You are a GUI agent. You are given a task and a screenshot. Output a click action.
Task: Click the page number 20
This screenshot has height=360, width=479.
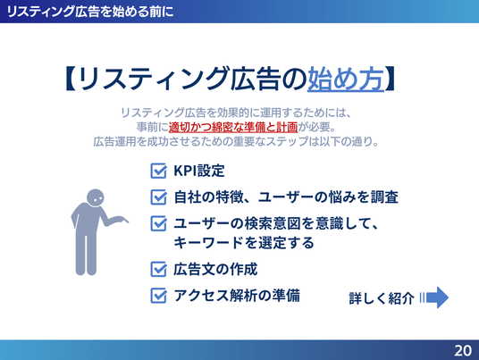coord(463,350)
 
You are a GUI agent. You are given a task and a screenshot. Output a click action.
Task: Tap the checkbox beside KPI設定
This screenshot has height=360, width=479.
coord(158,171)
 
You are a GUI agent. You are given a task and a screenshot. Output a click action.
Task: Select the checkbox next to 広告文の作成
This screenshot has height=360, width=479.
coord(158,269)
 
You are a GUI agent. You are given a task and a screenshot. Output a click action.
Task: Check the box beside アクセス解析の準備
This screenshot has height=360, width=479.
coord(158,296)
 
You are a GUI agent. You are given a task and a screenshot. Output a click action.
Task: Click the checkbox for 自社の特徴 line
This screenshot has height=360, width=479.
coord(158,197)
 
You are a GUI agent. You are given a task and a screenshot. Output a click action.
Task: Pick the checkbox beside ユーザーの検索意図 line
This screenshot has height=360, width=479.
coord(158,223)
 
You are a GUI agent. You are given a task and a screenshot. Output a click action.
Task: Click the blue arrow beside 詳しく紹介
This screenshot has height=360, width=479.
coord(434,297)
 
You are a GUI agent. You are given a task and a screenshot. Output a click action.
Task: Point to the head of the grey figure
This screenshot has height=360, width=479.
coord(96,197)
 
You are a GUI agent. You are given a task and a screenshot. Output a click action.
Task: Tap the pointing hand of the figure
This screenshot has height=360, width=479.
coord(122,219)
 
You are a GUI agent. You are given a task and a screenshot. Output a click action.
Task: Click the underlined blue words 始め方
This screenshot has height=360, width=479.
coord(346,79)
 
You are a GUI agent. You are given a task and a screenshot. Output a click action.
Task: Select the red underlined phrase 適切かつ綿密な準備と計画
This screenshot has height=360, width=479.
coord(233,127)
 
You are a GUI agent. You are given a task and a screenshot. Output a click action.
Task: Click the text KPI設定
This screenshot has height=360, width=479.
coord(199,171)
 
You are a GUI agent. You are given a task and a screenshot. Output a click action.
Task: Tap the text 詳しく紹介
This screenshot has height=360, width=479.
coord(382,298)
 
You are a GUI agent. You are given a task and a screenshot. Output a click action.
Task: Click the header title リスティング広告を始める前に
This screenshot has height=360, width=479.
coord(89,12)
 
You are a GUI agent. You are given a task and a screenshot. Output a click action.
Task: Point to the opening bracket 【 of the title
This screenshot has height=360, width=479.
coord(70,79)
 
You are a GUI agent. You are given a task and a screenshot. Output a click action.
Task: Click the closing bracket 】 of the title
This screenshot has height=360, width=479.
coord(390,79)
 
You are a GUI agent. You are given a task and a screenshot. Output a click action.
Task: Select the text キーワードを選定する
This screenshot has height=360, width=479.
coord(244,243)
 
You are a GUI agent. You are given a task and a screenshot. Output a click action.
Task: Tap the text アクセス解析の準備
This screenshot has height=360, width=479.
coord(237,296)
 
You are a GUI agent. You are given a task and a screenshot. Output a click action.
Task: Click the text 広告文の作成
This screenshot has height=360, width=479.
coord(215,269)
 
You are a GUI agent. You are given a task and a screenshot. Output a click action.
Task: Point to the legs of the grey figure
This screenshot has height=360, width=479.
coord(86,254)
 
